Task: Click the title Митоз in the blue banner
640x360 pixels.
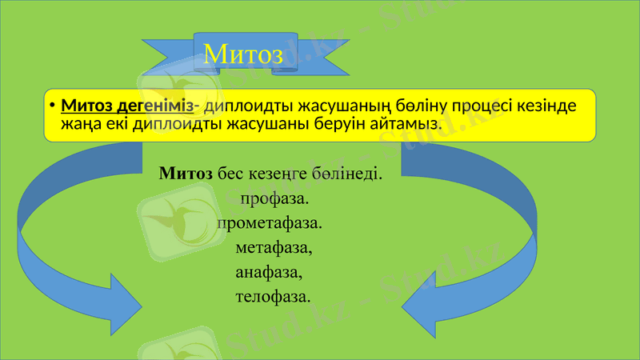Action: click(x=243, y=54)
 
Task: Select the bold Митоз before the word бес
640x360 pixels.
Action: click(x=186, y=173)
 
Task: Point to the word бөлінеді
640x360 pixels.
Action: click(x=348, y=173)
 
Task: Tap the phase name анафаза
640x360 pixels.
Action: click(x=270, y=272)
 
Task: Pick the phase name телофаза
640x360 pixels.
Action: click(x=273, y=297)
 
